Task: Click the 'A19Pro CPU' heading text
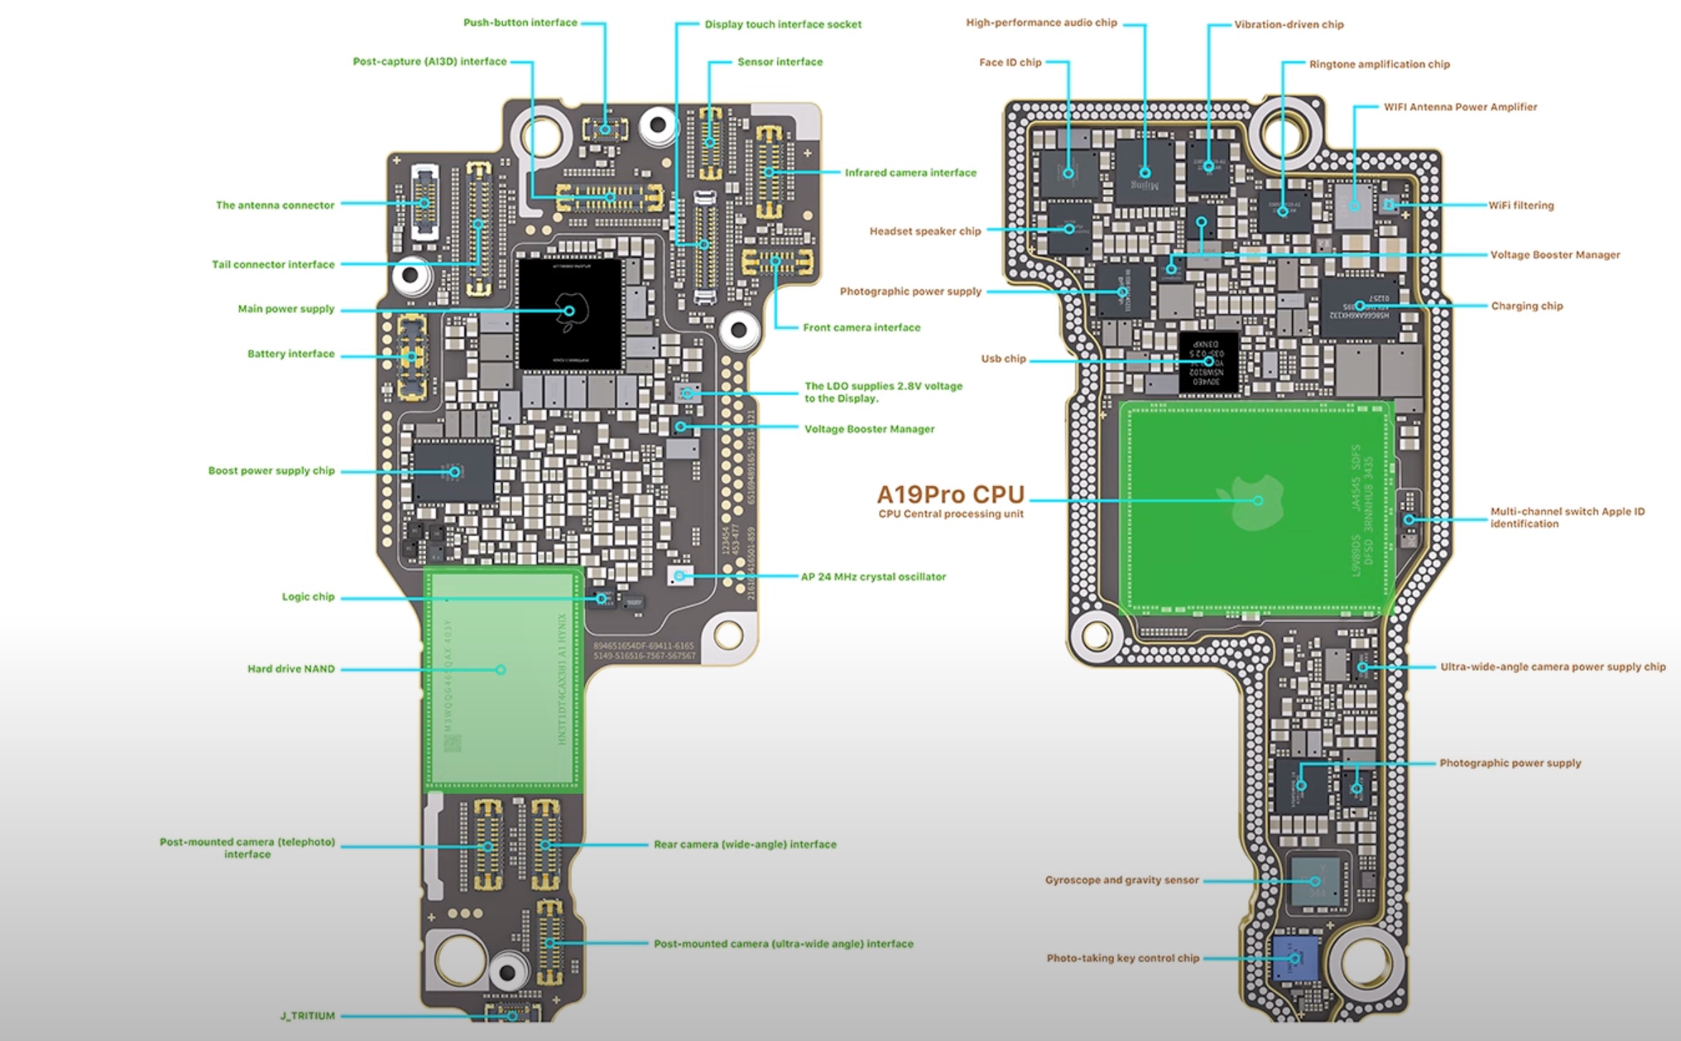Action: coord(951,494)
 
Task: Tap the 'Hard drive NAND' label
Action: coord(291,669)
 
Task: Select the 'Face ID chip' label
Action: coord(1010,62)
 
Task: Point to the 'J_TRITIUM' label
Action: coord(307,1015)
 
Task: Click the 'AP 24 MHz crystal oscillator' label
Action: coord(873,576)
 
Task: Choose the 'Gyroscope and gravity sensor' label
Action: coord(1121,880)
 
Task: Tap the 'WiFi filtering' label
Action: coord(1521,205)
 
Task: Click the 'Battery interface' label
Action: coord(291,354)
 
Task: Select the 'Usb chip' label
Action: coord(1003,359)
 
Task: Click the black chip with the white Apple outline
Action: coord(570,314)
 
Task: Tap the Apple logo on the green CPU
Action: coord(1257,501)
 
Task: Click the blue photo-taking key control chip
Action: coord(1294,958)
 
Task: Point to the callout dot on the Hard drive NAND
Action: coord(500,669)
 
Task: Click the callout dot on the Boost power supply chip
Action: coord(455,472)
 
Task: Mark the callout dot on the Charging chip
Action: coord(1359,306)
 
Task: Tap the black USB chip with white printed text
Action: coord(1208,362)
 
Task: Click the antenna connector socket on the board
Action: coord(425,203)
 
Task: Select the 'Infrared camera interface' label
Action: coord(910,173)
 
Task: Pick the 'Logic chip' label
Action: coord(308,596)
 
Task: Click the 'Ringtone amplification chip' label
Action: coord(1379,64)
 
